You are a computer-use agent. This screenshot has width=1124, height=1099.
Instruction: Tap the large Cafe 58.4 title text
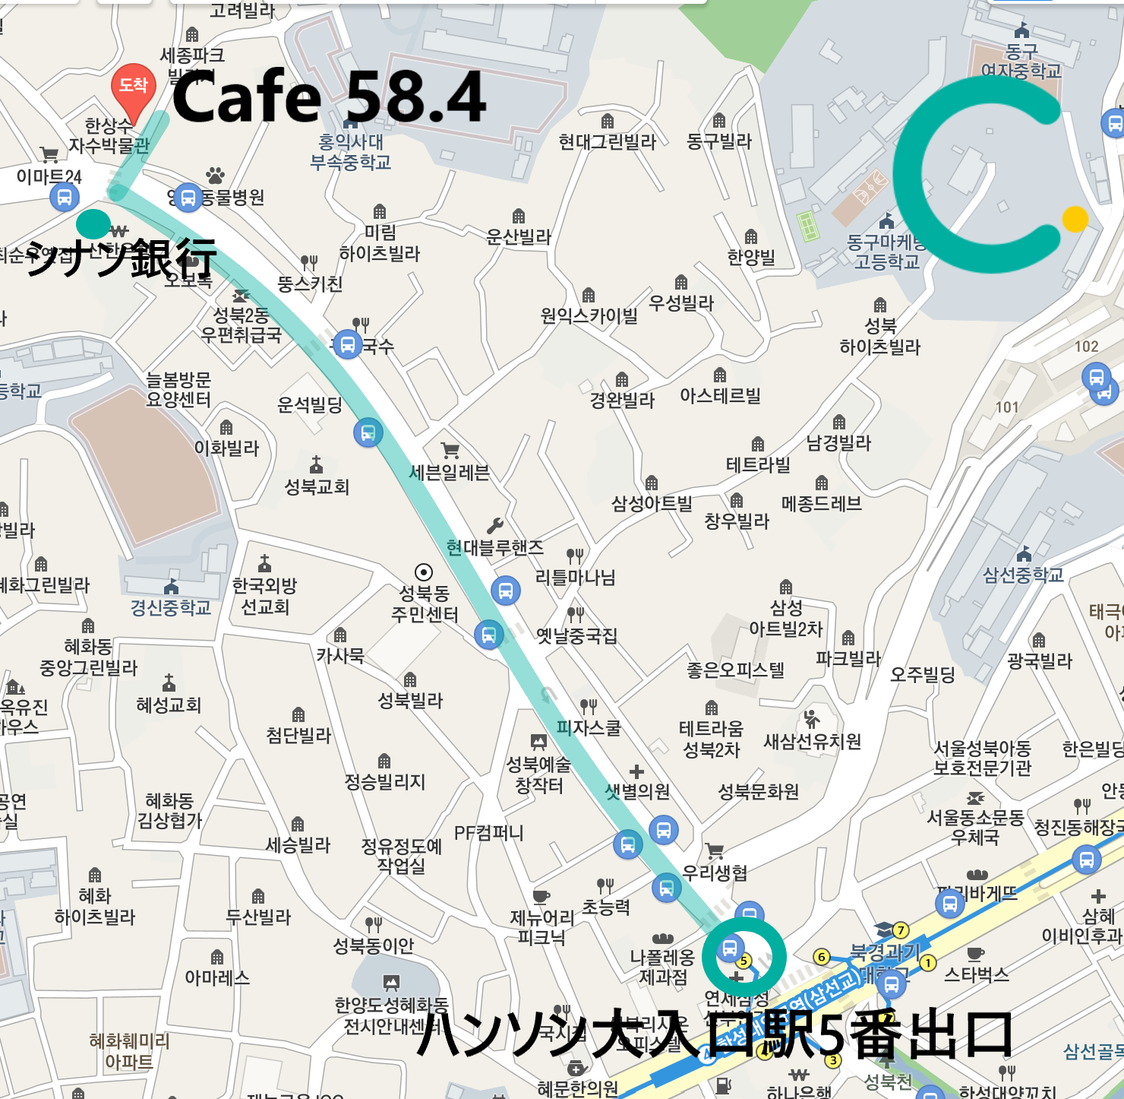click(x=329, y=97)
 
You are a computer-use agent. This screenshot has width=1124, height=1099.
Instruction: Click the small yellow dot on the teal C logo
click(x=1075, y=219)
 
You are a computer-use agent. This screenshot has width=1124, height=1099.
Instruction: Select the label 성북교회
click(x=317, y=486)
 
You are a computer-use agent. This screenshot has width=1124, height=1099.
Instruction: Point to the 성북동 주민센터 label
click(x=425, y=603)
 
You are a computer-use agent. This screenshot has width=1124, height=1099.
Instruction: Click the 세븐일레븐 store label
click(x=449, y=473)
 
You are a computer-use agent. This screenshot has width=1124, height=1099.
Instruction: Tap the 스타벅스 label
click(x=976, y=974)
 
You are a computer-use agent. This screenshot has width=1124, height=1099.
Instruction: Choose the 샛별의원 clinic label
click(x=637, y=791)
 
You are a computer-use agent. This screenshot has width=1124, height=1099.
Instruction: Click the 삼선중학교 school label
click(x=1023, y=575)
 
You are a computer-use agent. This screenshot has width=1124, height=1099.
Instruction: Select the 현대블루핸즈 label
click(x=495, y=547)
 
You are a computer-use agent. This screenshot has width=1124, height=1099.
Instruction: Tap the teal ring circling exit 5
click(x=744, y=958)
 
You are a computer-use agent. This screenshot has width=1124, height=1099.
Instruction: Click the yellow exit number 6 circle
click(x=821, y=957)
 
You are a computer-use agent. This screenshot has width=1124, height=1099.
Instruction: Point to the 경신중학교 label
click(x=171, y=607)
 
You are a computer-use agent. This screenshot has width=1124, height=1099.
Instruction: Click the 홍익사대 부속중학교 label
click(x=350, y=152)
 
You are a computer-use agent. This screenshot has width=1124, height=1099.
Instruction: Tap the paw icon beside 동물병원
click(x=216, y=176)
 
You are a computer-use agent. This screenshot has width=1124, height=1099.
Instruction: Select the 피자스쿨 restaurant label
click(x=589, y=728)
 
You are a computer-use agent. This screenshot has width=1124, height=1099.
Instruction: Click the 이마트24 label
click(x=49, y=176)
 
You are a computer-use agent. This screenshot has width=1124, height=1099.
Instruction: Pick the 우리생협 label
click(x=715, y=873)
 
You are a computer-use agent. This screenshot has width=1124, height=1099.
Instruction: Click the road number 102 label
click(x=1086, y=347)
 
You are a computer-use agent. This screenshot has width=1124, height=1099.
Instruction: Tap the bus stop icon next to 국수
click(x=347, y=345)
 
